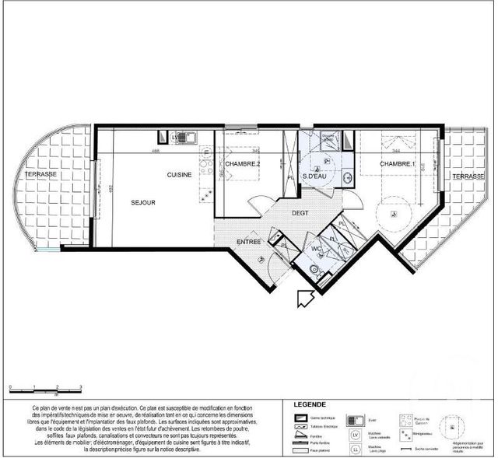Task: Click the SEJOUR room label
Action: [143, 203]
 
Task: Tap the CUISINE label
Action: [179, 175]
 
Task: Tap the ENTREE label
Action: [248, 242]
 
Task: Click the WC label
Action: [317, 250]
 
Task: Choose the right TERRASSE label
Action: [469, 177]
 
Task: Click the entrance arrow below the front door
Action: [303, 298]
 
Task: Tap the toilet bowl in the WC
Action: [313, 269]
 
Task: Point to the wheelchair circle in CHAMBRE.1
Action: [394, 214]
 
